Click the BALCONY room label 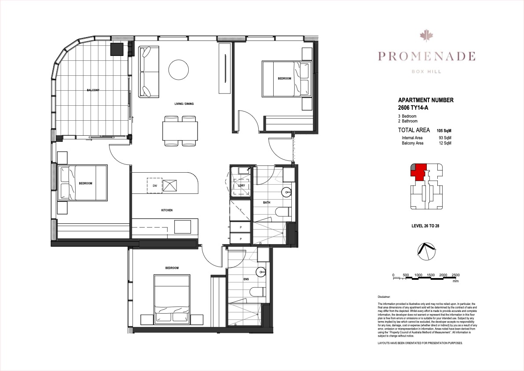coord(93,90)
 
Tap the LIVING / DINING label coord(183,104)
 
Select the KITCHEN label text coord(167,210)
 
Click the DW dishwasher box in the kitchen coord(155,186)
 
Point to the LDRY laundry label coord(241,186)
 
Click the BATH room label coord(267,203)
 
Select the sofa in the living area coord(149,72)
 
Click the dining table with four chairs coord(180,130)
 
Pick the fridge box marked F coord(241,210)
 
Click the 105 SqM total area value coord(444,131)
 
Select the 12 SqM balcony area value coord(445,143)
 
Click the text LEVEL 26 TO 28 coord(425,226)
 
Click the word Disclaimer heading coord(384,297)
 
